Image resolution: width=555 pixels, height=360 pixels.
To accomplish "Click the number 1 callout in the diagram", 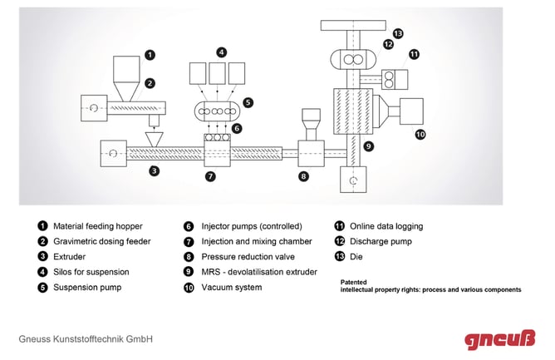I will point(150,55).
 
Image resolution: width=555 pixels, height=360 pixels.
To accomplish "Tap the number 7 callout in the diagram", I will point(210,176).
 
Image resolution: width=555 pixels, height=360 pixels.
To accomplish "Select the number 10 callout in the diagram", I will point(420,133).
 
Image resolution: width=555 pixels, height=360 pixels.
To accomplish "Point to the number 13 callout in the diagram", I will point(398,33).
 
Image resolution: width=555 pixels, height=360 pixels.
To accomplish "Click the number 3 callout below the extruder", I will point(154,171).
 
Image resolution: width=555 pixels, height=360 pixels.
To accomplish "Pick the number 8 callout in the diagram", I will point(303,176).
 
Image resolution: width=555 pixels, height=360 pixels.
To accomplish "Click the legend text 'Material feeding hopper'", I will point(97,225).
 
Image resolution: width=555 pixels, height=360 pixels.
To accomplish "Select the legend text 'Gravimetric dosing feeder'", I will point(102,241).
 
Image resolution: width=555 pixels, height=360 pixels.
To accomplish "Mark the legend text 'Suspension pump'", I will point(87,287).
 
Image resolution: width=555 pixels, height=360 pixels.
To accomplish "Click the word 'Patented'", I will point(354,282).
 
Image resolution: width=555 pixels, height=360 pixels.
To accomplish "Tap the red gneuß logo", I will point(500,338).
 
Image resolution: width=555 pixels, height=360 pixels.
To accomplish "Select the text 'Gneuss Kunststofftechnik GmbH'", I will point(86,339).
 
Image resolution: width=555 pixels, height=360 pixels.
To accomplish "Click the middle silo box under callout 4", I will point(219,72).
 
